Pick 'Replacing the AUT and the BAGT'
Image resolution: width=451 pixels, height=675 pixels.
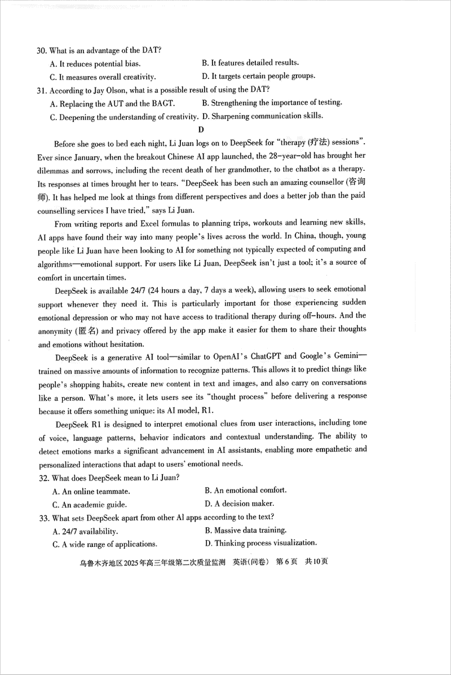[112, 103]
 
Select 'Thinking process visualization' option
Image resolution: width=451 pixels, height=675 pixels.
[261, 543]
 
